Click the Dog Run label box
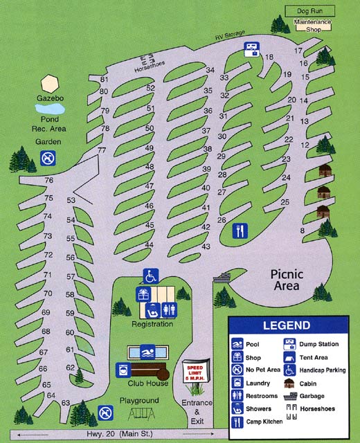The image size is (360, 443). click(310, 11)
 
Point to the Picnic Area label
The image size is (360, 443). click(285, 279)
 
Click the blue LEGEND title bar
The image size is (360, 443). click(292, 325)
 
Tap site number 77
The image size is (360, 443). click(102, 150)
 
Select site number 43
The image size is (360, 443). click(206, 246)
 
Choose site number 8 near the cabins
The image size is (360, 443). click(302, 230)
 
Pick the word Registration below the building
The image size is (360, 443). click(152, 324)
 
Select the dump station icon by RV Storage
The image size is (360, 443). click(251, 48)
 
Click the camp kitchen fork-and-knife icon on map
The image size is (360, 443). click(240, 230)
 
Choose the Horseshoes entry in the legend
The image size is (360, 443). click(316, 408)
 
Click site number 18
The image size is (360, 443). click(269, 57)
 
